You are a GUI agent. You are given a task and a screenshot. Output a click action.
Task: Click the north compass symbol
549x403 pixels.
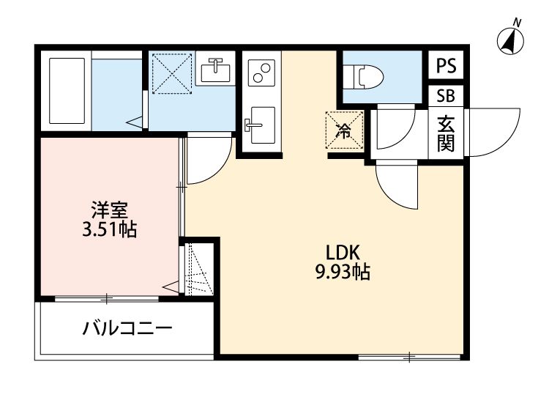coord(510,40)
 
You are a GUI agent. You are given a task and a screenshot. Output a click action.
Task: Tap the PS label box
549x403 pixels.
coord(446,66)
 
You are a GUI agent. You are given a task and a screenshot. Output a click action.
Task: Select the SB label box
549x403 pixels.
coord(445,95)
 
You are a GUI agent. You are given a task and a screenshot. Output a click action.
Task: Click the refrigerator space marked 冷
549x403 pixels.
coord(344,130)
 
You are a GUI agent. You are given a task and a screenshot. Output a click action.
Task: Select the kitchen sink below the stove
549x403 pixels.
coord(259,125)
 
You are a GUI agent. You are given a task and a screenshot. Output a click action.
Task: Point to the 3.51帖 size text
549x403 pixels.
coord(110,230)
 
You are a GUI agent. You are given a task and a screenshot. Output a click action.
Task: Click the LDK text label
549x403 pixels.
coord(341,253)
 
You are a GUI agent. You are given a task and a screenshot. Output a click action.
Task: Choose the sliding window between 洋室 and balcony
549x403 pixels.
coord(107,298)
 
